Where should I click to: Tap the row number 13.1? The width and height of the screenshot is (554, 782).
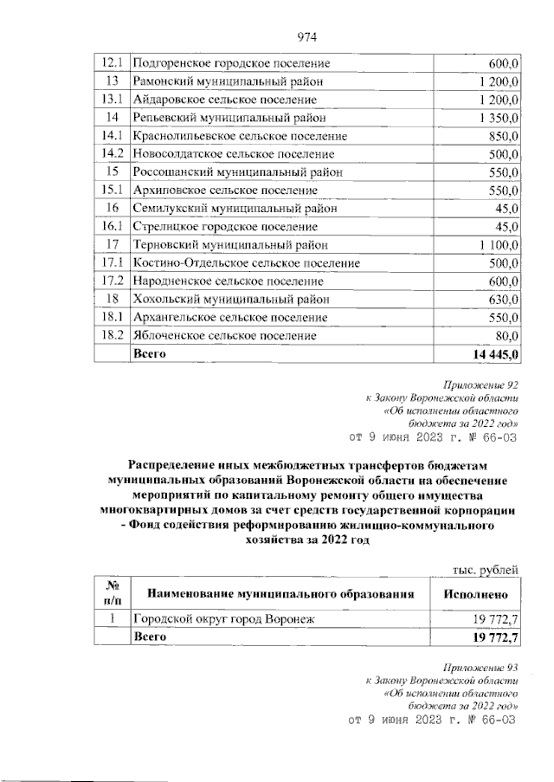pyautogui.click(x=111, y=100)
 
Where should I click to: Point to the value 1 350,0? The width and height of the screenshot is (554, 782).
pyautogui.click(x=494, y=118)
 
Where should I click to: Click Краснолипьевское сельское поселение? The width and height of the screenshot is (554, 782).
pyautogui.click(x=239, y=136)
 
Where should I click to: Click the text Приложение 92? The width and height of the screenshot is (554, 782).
pyautogui.click(x=480, y=382)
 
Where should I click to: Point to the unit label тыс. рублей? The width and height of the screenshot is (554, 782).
pyautogui.click(x=486, y=569)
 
